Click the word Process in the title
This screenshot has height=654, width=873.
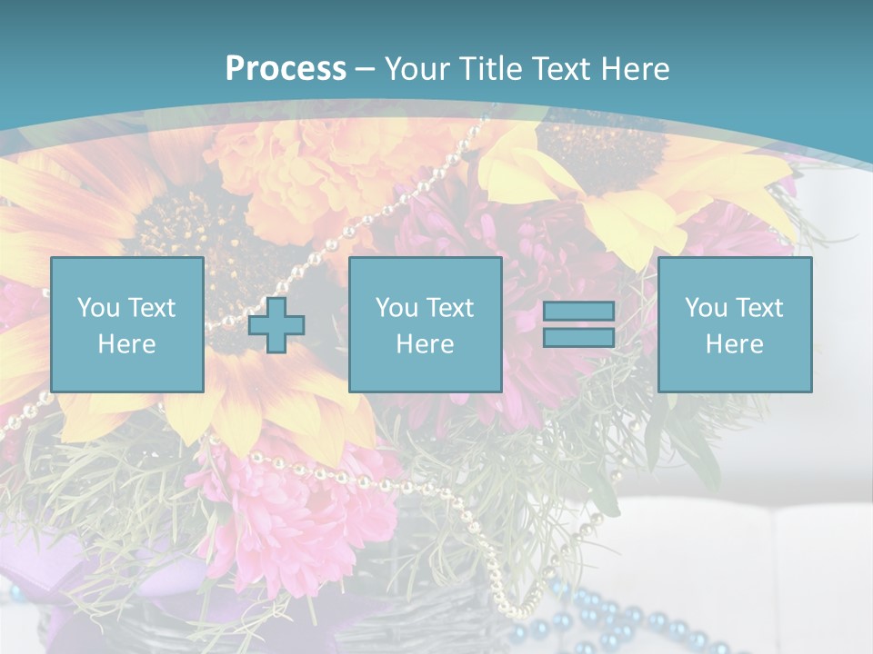coord(286,69)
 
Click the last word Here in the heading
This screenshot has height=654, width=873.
coord(634,69)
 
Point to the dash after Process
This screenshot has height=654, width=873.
coord(365,69)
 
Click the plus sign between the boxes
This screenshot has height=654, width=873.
coord(276,325)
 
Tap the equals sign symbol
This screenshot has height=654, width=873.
coord(578,324)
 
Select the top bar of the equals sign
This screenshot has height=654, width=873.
coord(578,312)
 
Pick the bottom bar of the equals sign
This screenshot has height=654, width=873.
coord(578,337)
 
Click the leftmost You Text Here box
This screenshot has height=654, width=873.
coord(127,324)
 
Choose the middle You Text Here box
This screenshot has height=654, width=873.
coord(425,324)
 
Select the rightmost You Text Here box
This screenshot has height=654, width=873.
coord(734,324)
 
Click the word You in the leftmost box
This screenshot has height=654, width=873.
coord(98,308)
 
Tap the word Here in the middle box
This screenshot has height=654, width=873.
coord(425,344)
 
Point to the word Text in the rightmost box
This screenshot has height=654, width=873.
coord(759,308)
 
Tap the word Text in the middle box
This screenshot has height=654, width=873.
coord(450,308)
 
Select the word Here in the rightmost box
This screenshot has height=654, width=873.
coord(734,344)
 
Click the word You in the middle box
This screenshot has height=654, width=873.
coord(396,308)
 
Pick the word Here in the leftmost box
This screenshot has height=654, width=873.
coord(127,344)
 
